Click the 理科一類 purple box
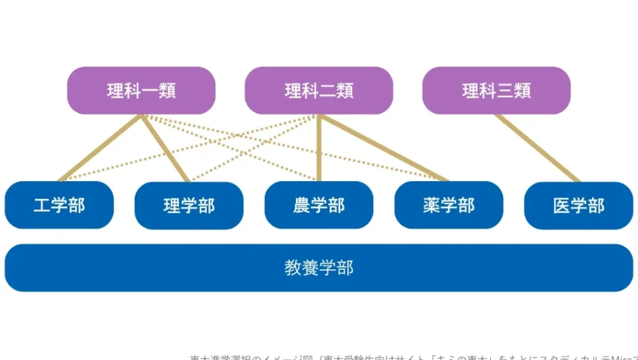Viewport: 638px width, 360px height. point(141,91)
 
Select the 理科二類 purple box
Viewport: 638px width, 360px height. point(318,91)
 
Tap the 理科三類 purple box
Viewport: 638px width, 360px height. point(496,91)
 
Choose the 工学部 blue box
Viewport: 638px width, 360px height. point(59,206)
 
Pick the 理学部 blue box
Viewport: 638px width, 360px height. point(189,206)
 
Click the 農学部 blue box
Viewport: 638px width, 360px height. point(318,206)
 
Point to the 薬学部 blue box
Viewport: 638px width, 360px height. point(449,206)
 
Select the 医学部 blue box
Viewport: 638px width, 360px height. point(579,206)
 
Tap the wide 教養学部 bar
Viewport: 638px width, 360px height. point(318,268)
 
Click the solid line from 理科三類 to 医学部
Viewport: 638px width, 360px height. point(537,148)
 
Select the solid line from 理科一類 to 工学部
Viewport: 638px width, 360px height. point(100,148)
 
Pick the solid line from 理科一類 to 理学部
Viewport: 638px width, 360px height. point(165,148)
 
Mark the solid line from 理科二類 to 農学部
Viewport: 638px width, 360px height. point(318,148)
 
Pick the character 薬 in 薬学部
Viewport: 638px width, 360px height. point(431,206)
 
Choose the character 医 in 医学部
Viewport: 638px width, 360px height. point(561,206)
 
